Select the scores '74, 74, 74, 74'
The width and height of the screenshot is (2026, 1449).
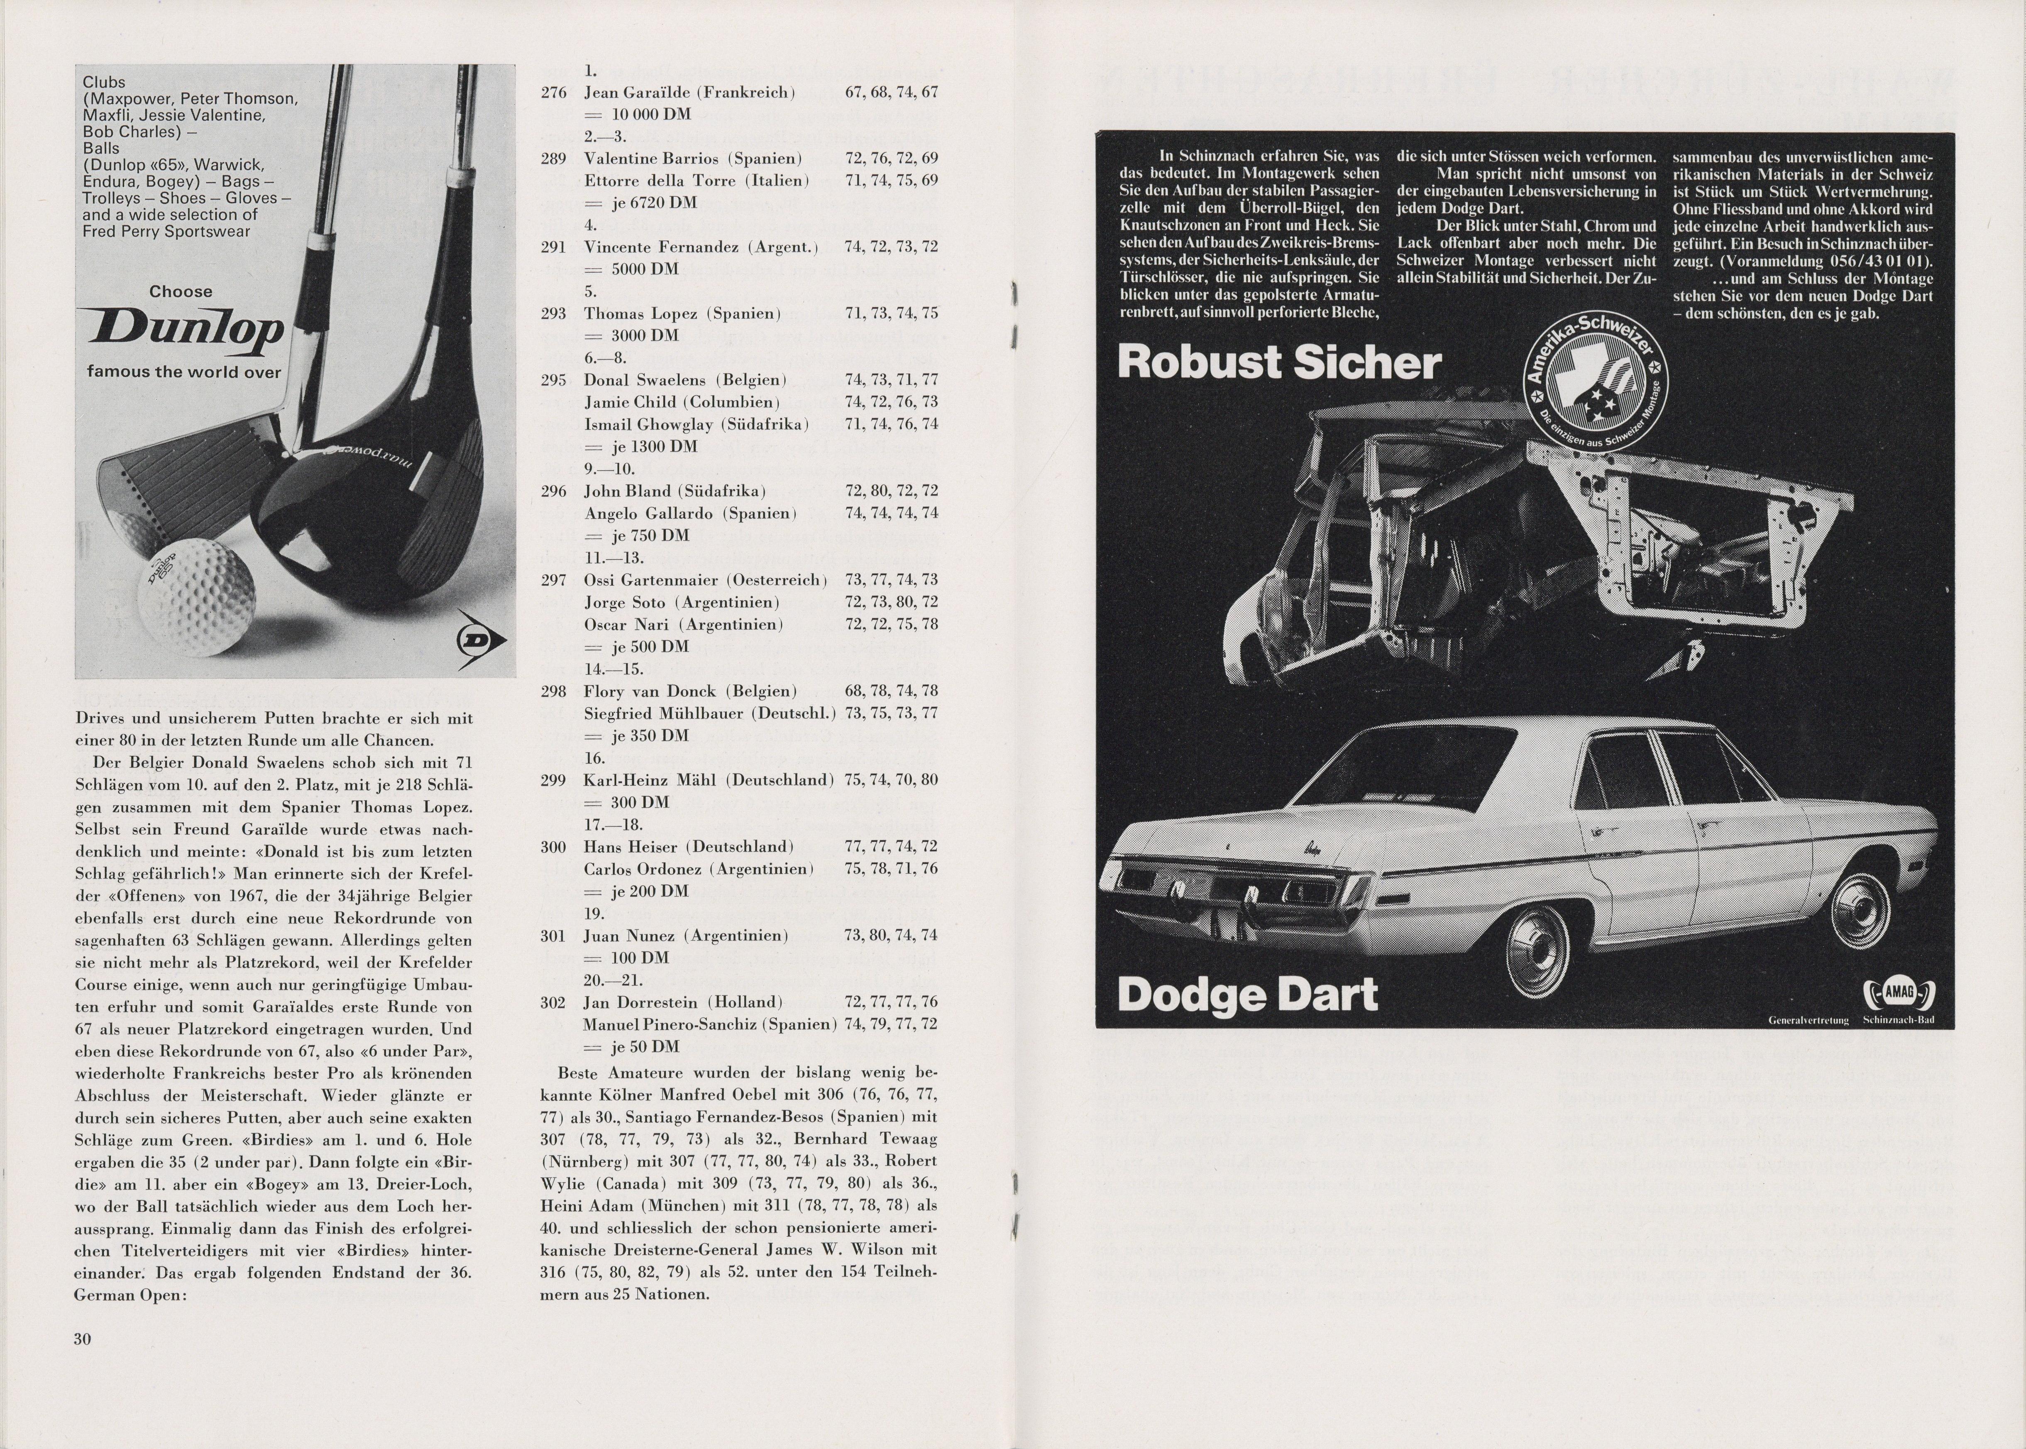pos(890,513)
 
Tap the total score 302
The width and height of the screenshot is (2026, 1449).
pos(554,1002)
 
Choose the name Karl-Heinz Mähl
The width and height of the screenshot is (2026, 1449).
pos(651,780)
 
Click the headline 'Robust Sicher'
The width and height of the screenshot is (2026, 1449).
pos(1278,362)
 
